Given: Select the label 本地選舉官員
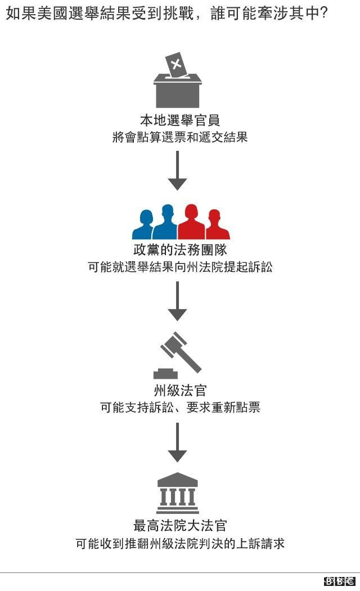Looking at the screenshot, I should (179, 120).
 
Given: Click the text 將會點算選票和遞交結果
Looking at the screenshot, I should (180, 137).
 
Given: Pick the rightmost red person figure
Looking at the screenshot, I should (216, 225).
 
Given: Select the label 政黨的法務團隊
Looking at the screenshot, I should (180, 250).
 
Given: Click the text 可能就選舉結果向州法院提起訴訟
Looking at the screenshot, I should (180, 267).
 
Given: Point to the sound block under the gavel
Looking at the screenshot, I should (165, 373).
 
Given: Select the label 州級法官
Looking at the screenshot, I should (180, 390).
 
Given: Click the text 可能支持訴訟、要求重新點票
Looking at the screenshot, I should (180, 407).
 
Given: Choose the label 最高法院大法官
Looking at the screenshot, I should (180, 526).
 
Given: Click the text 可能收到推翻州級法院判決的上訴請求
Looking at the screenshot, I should (180, 544).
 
